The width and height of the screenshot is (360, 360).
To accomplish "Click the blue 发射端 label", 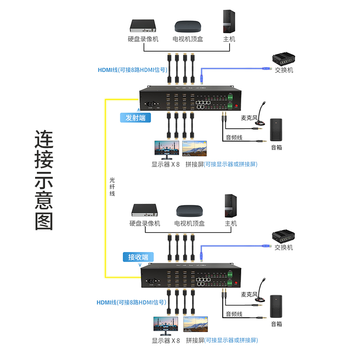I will point(135,118).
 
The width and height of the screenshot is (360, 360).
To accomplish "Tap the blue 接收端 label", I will point(138,257).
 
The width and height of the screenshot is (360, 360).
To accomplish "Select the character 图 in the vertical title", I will point(44,220).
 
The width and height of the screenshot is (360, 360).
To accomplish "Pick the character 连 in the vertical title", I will point(44,140).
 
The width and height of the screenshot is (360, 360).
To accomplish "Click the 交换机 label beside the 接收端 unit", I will point(283,247).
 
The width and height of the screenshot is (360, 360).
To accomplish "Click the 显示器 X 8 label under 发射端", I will point(166,164).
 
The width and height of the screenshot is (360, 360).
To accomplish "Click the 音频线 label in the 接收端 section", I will point(234,314).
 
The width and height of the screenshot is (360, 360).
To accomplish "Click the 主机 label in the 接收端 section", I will point(230,223).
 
